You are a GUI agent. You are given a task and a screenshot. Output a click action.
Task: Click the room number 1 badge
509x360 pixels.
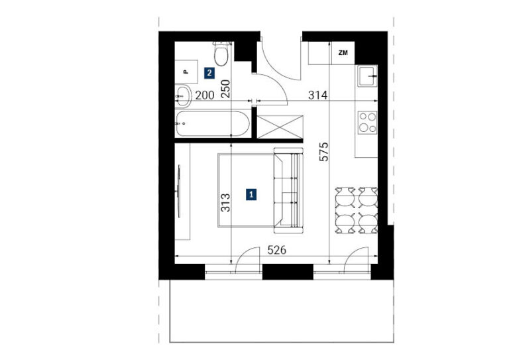(251, 194)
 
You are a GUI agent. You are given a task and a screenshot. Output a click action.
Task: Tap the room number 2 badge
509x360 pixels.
(209, 73)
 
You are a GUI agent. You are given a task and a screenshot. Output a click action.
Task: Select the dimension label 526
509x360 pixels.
(276, 251)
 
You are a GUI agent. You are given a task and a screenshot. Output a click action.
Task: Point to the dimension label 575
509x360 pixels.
(323, 152)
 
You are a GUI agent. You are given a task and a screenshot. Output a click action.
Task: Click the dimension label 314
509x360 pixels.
(317, 95)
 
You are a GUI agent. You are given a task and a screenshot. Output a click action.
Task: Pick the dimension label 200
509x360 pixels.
(205, 95)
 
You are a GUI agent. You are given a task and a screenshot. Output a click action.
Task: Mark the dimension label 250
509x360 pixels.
(225, 89)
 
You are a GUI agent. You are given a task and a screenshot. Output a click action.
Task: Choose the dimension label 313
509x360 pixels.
(225, 203)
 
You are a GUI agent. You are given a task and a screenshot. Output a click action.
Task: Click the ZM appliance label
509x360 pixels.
(343, 52)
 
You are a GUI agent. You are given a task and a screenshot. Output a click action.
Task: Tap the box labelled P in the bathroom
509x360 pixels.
(186, 72)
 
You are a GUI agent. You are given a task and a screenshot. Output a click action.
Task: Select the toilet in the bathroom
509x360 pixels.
(221, 54)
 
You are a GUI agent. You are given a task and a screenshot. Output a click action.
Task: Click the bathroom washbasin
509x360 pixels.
(183, 95)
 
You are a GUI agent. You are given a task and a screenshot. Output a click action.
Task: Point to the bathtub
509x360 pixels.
(213, 124)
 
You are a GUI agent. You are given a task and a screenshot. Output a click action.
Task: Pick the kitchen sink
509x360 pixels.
(367, 76)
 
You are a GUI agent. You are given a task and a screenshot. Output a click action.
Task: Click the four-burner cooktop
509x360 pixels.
(367, 123)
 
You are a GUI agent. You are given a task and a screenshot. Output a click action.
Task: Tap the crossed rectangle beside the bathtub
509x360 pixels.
(280, 127)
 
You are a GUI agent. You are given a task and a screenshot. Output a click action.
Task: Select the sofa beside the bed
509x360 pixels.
(288, 190)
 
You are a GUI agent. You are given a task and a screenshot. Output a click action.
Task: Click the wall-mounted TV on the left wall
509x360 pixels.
(179, 191)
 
